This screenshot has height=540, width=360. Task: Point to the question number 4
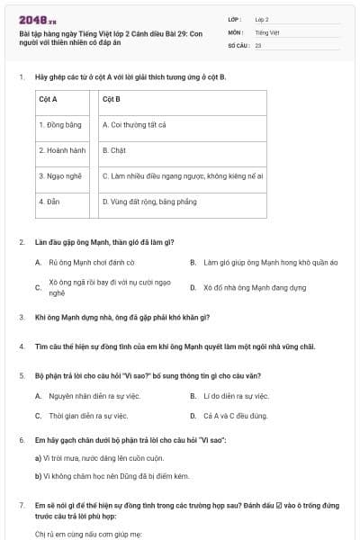22,346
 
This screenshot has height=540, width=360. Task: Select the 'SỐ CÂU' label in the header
238,44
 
